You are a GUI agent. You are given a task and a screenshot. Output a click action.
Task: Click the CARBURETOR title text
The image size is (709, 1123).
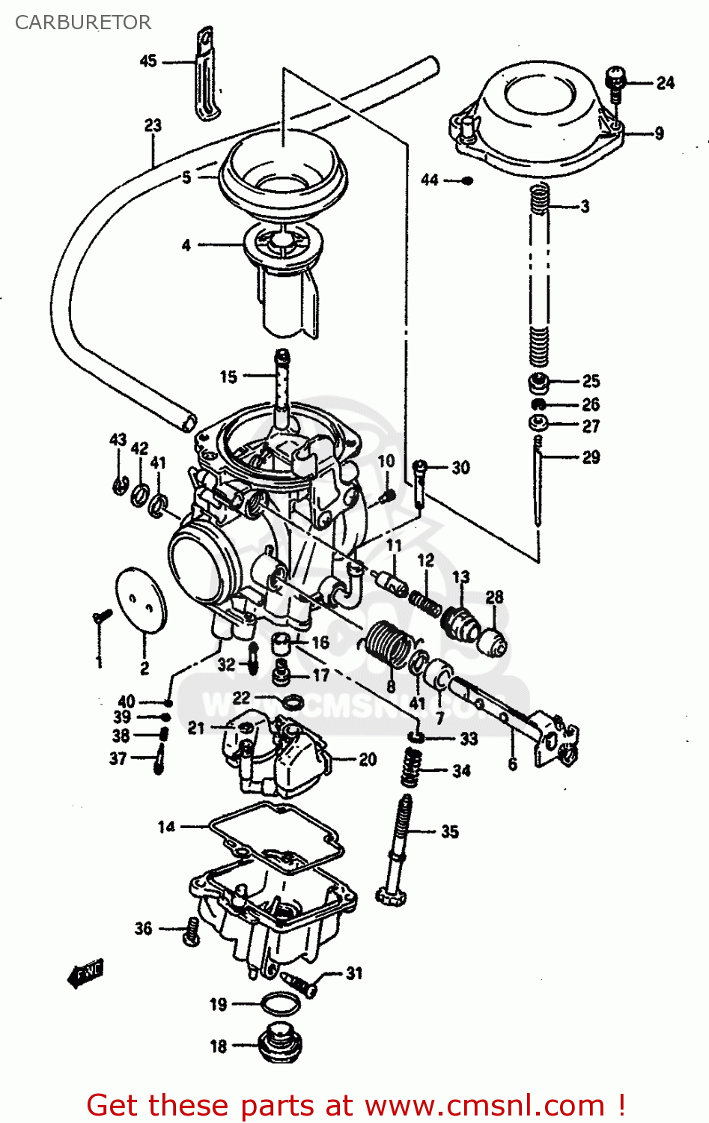[x=82, y=22]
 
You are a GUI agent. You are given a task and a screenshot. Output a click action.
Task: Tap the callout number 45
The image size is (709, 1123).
[x=148, y=61]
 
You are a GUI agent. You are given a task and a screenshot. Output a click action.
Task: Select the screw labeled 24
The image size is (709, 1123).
[x=615, y=83]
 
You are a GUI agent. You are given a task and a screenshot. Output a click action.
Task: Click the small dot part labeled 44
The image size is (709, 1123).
[x=467, y=180]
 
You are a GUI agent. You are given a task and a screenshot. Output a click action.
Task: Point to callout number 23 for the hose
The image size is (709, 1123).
[x=153, y=125]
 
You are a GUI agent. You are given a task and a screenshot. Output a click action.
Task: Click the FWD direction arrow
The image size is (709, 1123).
[x=85, y=973]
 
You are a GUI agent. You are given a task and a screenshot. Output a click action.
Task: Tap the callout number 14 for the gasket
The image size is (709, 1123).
[x=166, y=827]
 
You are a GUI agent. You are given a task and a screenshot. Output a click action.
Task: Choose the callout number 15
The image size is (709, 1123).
[x=228, y=377]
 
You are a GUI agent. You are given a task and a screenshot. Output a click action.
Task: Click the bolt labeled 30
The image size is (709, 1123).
[x=419, y=483]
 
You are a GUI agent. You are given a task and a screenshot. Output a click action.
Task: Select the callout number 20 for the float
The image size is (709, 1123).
[x=368, y=759]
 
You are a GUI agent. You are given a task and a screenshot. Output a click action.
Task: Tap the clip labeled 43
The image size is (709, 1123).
[x=118, y=485]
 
